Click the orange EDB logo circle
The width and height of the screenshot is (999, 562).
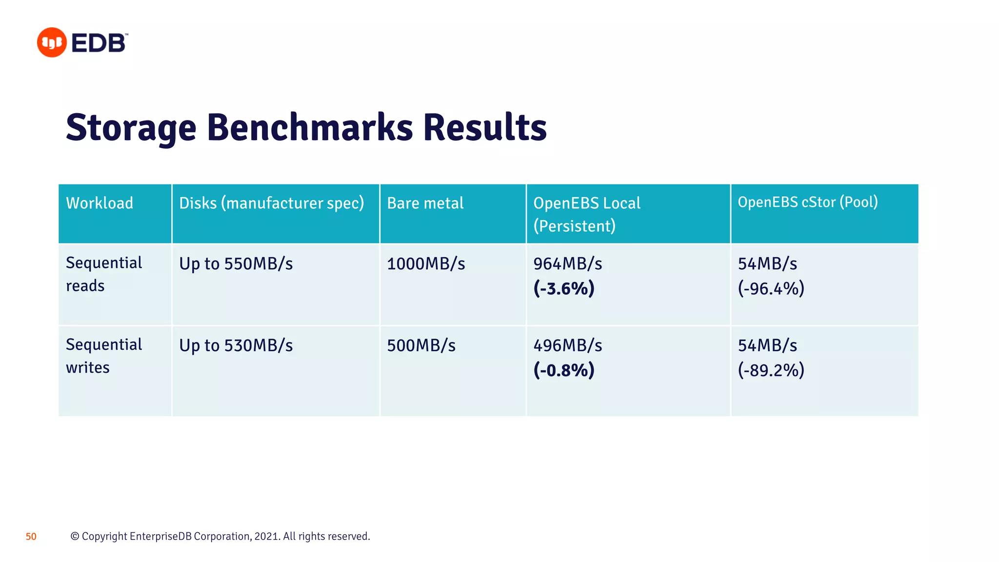[52, 42]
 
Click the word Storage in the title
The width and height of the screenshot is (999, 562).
[131, 128]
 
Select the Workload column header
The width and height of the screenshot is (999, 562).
[100, 203]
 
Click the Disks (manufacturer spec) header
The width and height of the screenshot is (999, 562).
[271, 203]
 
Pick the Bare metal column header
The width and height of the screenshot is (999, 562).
[425, 203]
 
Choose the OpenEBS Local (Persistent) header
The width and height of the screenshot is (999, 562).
[586, 214]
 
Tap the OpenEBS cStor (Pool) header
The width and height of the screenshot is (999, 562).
[807, 202]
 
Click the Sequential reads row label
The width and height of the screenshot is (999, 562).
[104, 274]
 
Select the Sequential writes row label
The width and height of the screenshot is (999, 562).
[104, 356]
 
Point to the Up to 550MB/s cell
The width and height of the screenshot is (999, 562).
[236, 264]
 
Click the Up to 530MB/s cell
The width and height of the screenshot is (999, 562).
[236, 346]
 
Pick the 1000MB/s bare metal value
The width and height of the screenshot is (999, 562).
[426, 264]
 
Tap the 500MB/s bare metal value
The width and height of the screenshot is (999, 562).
[421, 346]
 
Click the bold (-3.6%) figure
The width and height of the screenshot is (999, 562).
[564, 288]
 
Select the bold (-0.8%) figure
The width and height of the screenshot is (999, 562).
[564, 370]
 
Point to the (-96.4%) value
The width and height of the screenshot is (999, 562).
[771, 288]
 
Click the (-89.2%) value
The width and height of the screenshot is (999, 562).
[771, 370]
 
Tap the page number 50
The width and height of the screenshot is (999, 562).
[31, 537]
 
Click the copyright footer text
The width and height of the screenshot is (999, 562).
[220, 536]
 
